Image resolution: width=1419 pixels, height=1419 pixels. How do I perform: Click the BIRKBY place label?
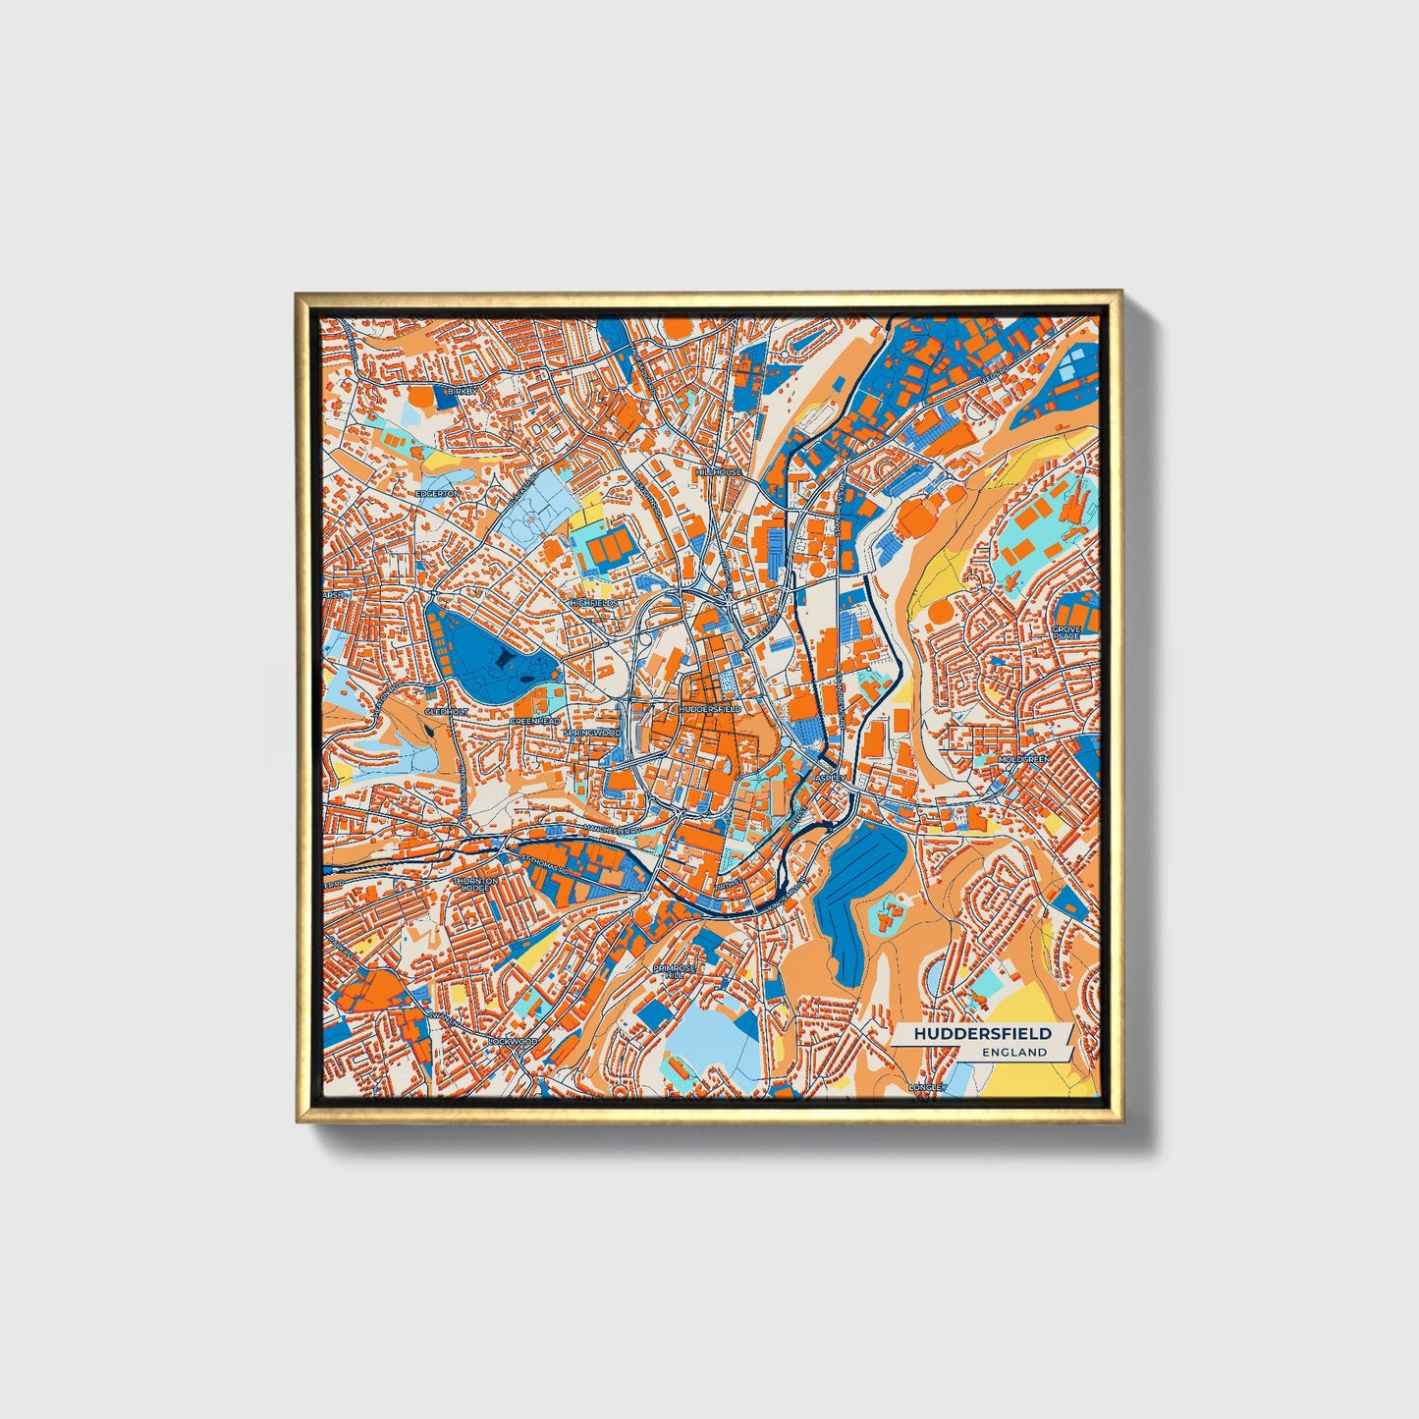pyautogui.click(x=461, y=391)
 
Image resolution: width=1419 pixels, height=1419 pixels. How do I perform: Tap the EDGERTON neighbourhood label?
pyautogui.click(x=436, y=493)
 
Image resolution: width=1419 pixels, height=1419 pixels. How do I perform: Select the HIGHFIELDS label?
pyautogui.click(x=594, y=601)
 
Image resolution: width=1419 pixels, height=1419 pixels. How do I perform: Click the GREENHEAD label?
pyautogui.click(x=535, y=721)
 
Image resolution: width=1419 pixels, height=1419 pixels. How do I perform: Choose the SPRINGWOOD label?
pyautogui.click(x=593, y=733)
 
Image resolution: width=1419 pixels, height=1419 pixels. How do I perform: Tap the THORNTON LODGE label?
pyautogui.click(x=475, y=885)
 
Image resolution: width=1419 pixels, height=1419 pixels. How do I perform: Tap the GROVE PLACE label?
pyautogui.click(x=1065, y=631)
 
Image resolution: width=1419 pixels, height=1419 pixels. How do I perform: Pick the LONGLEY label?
pyautogui.click(x=926, y=1087)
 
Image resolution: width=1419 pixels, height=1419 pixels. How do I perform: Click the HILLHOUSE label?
pyautogui.click(x=719, y=472)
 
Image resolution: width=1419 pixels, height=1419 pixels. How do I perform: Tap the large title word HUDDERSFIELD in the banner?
pyautogui.click(x=982, y=1034)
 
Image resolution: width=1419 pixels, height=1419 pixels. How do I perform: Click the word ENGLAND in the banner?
pyautogui.click(x=1014, y=1052)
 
